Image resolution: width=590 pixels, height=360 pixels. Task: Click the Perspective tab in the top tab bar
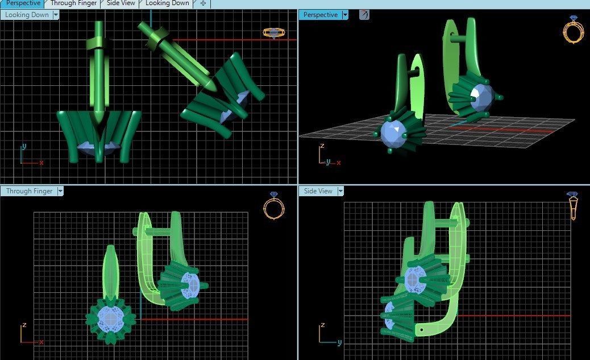(x=23, y=3)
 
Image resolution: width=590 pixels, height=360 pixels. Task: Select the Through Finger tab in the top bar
(x=73, y=3)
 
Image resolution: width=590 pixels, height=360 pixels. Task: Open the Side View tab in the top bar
(x=121, y=3)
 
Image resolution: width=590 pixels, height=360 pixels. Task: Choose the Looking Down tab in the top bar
(x=167, y=3)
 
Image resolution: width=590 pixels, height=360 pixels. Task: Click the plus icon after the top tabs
(x=203, y=3)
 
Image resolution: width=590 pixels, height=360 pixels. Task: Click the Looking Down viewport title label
(x=27, y=15)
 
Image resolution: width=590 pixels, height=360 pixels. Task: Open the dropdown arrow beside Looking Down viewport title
(x=56, y=15)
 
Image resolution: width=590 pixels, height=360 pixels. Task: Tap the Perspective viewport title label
(x=320, y=15)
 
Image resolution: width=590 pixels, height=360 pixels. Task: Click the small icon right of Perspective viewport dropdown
(x=364, y=15)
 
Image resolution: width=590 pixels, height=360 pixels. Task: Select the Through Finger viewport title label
(x=29, y=191)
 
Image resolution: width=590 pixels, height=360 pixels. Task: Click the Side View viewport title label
(x=318, y=191)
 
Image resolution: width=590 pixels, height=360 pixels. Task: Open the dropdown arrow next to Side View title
(x=340, y=191)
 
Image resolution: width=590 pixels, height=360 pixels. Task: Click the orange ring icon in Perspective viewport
(x=572, y=30)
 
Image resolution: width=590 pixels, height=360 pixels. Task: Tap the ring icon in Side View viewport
(x=573, y=206)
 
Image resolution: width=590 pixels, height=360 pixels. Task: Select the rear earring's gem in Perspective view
(x=481, y=97)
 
